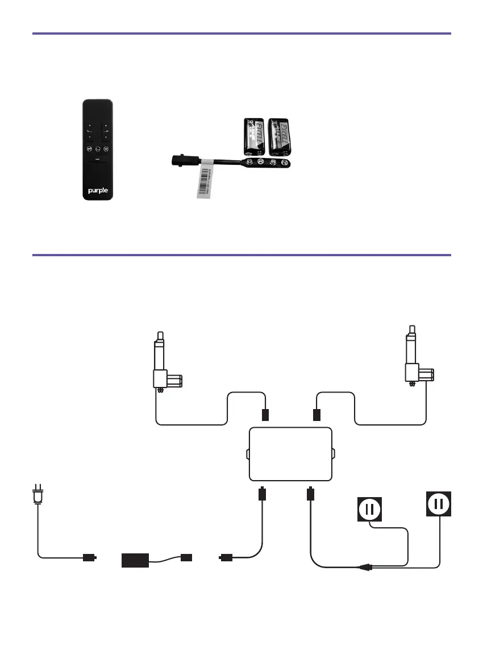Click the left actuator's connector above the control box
(264, 415)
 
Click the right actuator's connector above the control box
(317, 415)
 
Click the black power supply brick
(135, 560)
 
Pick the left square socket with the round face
(369, 509)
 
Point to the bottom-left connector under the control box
(262, 493)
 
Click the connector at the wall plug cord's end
(89, 558)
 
